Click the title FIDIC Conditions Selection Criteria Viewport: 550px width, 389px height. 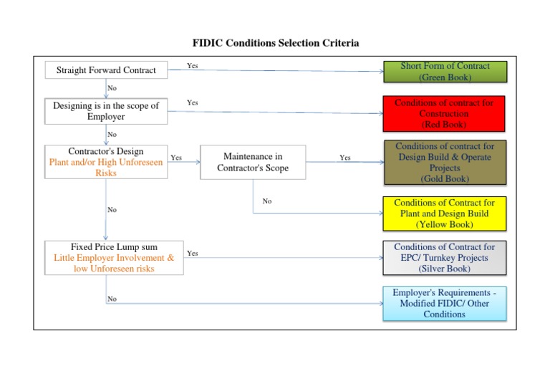[276, 44]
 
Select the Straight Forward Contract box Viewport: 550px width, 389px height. [105, 70]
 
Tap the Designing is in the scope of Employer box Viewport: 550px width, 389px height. [106, 111]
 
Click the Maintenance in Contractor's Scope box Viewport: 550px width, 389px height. [253, 163]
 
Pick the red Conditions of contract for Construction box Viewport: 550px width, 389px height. [444, 114]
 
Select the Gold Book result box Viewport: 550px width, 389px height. [445, 163]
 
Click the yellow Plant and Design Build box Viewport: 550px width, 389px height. [445, 213]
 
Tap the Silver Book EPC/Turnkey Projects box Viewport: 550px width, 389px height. [445, 258]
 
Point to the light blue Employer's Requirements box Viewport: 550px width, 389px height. [445, 304]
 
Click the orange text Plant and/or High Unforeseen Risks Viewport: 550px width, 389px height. [106, 168]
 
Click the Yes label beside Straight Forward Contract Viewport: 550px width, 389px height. [193, 65]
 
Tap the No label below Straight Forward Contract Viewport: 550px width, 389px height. [112, 88]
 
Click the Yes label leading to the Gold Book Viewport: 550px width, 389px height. [345, 158]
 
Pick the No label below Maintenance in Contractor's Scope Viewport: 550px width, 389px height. [267, 201]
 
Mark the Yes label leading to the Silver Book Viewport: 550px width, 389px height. [193, 253]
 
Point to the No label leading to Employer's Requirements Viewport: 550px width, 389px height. [112, 298]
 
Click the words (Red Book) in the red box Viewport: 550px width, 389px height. [444, 124]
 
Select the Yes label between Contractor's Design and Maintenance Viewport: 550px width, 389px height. [176, 158]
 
